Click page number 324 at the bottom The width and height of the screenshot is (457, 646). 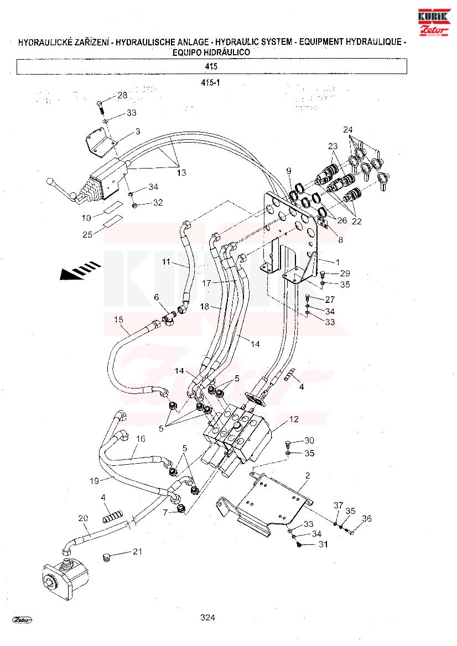point(207,618)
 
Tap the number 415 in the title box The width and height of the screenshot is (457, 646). point(211,66)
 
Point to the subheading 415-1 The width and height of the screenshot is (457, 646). point(210,82)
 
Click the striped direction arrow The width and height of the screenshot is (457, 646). point(80,270)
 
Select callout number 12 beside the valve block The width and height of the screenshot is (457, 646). point(294,419)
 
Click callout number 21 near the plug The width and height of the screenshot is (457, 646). point(137,552)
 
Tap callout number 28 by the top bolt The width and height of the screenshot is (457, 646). point(122,95)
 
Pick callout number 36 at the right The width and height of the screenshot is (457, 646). point(367,519)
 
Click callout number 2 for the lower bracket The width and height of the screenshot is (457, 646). point(308,475)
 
